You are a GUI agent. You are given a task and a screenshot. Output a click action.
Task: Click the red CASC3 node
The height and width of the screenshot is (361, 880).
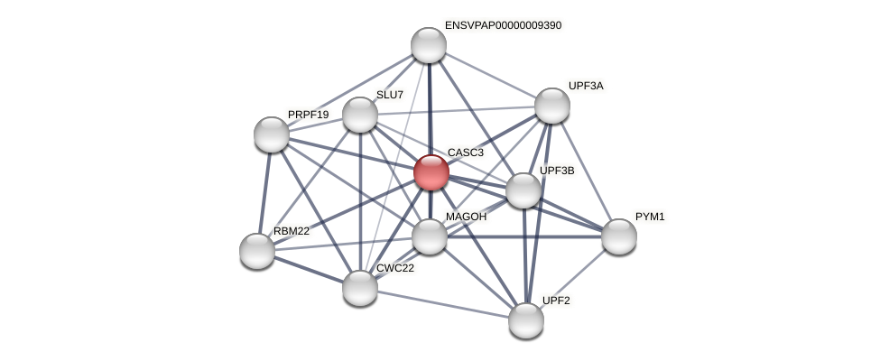(x=431, y=172)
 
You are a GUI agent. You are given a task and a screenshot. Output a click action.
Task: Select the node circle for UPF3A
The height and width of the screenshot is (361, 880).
(x=552, y=106)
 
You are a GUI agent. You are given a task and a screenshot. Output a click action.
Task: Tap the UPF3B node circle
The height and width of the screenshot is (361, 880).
(x=523, y=190)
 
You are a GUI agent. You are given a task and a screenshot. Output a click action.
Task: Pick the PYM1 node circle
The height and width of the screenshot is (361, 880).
(x=619, y=236)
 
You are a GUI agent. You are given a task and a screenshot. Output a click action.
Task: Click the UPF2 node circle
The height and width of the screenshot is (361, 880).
(x=526, y=319)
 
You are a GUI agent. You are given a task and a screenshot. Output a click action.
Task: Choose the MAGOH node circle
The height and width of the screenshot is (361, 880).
(x=430, y=236)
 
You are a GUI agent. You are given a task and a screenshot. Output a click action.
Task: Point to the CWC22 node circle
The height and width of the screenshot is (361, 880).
(x=360, y=288)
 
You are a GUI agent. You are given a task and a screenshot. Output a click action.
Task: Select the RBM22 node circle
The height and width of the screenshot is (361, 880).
(x=257, y=251)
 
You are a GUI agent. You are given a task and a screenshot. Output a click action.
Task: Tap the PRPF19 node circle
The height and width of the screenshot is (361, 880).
(x=272, y=134)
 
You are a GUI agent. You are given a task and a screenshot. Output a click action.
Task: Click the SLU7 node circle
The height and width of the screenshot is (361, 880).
(x=360, y=115)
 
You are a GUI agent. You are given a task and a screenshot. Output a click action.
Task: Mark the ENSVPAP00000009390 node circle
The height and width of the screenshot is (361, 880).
(x=429, y=45)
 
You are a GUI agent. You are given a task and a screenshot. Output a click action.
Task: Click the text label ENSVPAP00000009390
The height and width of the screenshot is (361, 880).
(x=503, y=25)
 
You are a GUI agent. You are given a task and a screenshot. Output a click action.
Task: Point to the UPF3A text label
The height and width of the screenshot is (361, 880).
(x=586, y=86)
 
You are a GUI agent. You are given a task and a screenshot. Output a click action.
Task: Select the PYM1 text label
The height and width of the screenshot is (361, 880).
(x=650, y=217)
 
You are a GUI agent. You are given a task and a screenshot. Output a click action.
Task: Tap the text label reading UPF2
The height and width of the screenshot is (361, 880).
(x=556, y=300)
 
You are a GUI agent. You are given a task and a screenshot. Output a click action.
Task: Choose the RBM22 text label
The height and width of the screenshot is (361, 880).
(x=292, y=231)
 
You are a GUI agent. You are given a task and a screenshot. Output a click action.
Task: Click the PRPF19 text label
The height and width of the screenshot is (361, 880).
(x=309, y=115)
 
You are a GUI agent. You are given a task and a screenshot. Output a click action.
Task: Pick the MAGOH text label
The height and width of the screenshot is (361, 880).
(x=466, y=217)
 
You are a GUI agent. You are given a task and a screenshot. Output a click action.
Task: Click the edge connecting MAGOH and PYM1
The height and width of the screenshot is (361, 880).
(x=524, y=236)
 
